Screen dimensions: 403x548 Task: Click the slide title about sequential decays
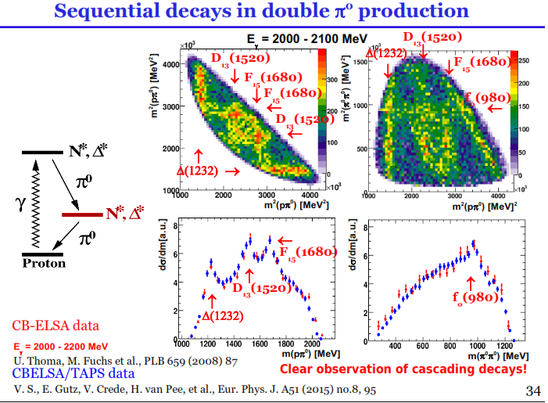(x=274, y=12)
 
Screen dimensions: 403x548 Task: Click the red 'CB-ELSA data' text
(x=56, y=325)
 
